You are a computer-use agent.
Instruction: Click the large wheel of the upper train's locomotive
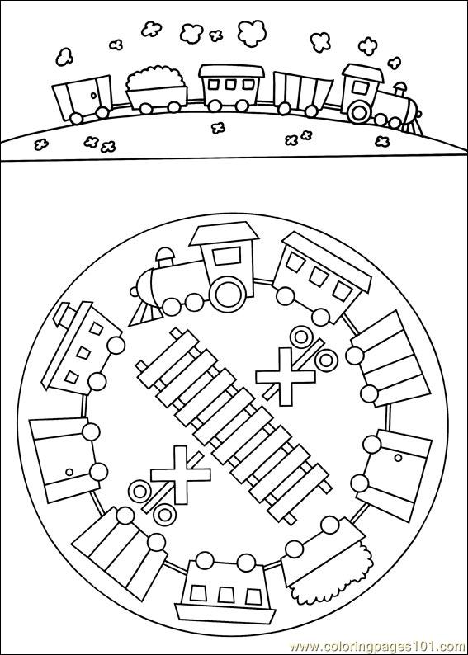pyautogui.click(x=359, y=111)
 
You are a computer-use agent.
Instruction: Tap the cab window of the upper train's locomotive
pyautogui.click(x=359, y=87)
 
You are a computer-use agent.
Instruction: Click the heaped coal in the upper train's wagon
pyautogui.click(x=155, y=78)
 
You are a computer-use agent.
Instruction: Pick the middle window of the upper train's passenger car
pyautogui.click(x=230, y=84)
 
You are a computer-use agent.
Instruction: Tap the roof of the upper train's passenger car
pyautogui.click(x=231, y=71)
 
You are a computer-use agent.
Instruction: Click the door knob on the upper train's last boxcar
pyautogui.click(x=93, y=96)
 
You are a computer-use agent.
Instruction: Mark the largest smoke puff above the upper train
pyautogui.click(x=252, y=33)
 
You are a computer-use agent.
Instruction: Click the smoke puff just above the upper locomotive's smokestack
pyautogui.click(x=394, y=63)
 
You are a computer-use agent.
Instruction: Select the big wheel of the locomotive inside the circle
pyautogui.click(x=229, y=294)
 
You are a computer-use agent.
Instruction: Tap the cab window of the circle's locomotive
pyautogui.click(x=225, y=257)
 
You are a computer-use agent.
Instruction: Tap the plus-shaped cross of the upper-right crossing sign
pyautogui.click(x=286, y=376)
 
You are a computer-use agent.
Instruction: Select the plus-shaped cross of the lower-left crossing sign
pyautogui.click(x=181, y=474)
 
